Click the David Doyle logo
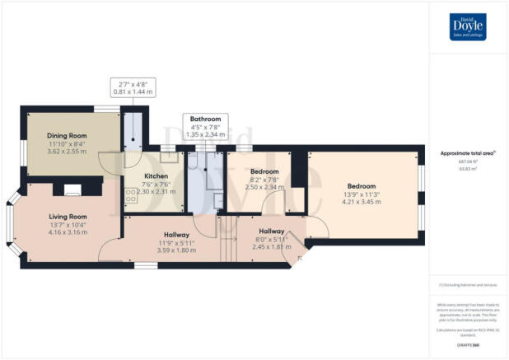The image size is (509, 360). click(x=468, y=26)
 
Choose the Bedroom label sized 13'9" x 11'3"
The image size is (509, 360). click(x=362, y=186)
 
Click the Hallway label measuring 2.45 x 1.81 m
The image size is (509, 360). click(x=272, y=232)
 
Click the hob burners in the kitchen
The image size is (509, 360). click(x=130, y=196)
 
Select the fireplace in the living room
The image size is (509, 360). click(x=72, y=189)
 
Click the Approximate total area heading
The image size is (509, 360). click(x=467, y=154)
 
